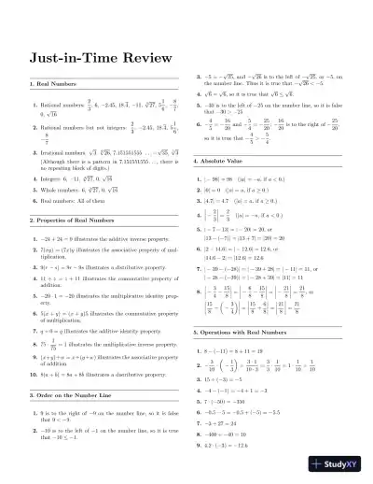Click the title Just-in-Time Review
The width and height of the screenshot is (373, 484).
click(x=90, y=58)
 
